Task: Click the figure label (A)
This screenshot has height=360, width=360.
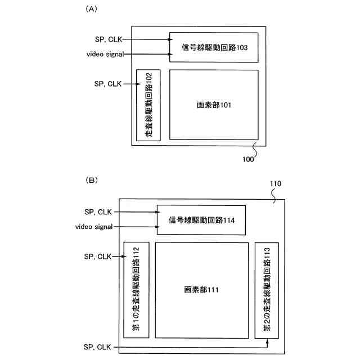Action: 91,10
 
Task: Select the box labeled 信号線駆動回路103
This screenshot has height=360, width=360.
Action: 214,47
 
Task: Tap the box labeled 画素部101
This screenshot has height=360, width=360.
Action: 214,105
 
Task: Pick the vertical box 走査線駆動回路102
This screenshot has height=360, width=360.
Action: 148,105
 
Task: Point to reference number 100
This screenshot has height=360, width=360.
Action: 248,159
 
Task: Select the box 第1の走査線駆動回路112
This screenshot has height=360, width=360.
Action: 136,290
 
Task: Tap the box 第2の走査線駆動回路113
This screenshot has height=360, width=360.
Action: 267,290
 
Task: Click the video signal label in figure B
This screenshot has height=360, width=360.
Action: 94,227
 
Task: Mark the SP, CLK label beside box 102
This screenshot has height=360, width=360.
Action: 108,84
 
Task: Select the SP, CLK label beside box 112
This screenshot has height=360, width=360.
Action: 97,256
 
